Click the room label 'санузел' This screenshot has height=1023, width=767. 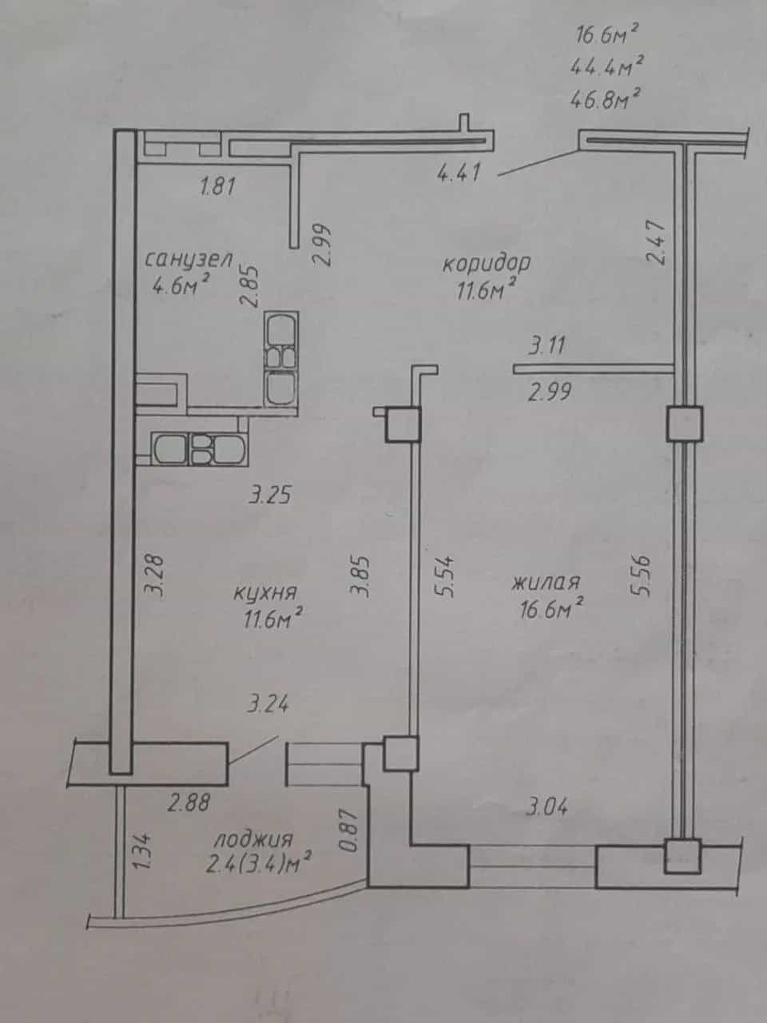point(188,260)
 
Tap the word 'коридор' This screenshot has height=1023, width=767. point(487,264)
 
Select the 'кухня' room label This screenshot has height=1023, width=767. point(265,594)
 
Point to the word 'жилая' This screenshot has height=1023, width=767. point(546,583)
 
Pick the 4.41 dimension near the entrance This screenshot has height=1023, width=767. point(459,174)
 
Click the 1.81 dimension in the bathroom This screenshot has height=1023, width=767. point(217,186)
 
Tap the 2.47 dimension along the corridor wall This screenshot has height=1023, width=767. point(657,242)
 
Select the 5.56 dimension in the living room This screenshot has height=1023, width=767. point(639,575)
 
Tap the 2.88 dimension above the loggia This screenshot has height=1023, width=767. point(189,802)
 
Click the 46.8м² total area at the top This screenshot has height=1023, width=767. point(605,99)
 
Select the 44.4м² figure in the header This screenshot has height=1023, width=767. point(607,66)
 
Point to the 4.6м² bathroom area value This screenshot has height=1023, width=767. point(180,285)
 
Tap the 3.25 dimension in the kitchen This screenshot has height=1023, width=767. point(270,495)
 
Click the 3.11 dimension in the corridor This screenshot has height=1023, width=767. point(546,346)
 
